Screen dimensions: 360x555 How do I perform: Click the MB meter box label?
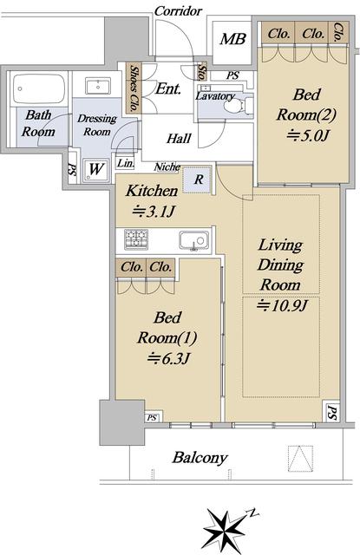coord(232,39)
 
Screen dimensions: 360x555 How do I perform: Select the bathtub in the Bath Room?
coord(38,88)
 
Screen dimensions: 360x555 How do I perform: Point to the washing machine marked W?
coord(95,170)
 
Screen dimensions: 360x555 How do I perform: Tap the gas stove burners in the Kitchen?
coord(136,239)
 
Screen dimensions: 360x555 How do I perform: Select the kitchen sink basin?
coord(194,241)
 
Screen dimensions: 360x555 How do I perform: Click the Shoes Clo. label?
coord(134,88)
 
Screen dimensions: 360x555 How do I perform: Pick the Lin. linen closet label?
coord(126,163)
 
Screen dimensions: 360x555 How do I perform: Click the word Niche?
coord(167,166)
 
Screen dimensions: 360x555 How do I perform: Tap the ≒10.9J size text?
coord(282,305)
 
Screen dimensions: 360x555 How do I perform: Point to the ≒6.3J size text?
coord(169,358)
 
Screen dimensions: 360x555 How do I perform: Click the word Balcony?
coord(200,458)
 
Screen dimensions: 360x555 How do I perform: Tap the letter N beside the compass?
coord(253,513)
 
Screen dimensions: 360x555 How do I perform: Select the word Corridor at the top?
coord(179,11)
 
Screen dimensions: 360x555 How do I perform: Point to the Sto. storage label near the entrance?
coord(203,71)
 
